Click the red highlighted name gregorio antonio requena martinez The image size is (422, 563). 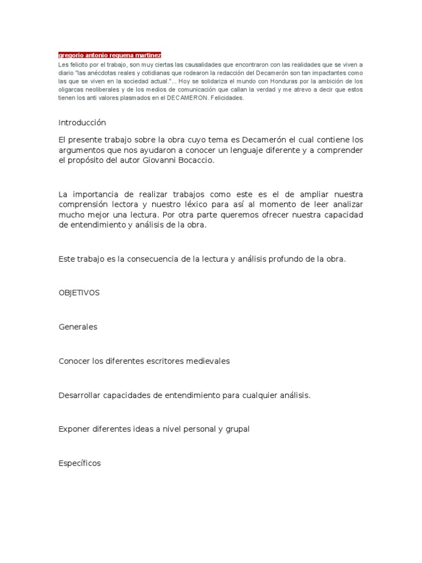pyautogui.click(x=110, y=56)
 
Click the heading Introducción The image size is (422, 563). pyautogui.click(x=82, y=123)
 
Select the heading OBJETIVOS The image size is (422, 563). pyautogui.click(x=79, y=292)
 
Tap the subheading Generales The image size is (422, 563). pyautogui.click(x=77, y=327)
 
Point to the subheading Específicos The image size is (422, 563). pyautogui.click(x=80, y=463)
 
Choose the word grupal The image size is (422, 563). pyautogui.click(x=237, y=429)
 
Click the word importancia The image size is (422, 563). pyautogui.click(x=97, y=195)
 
